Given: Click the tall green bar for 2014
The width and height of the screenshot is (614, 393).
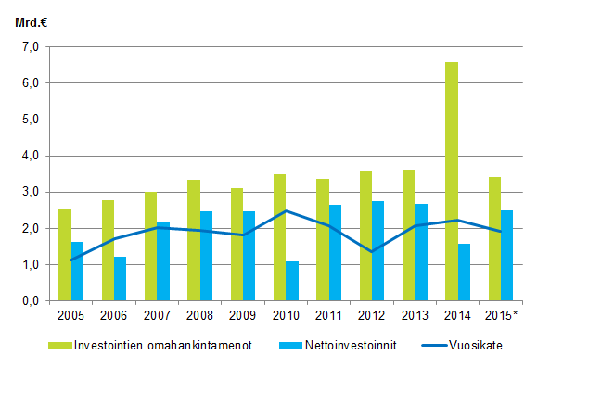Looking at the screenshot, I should (452, 182).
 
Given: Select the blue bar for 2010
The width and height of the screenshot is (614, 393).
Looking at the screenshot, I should (292, 281).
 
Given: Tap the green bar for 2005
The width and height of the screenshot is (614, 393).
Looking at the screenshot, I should (65, 255).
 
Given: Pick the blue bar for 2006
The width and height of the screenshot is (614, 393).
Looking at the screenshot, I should (121, 278).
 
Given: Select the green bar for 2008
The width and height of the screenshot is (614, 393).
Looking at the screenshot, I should (194, 240).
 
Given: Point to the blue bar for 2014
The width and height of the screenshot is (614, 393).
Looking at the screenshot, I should (465, 272).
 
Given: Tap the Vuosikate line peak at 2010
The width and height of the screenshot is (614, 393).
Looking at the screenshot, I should (286, 211).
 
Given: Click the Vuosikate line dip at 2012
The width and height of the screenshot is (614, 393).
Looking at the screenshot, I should (372, 252).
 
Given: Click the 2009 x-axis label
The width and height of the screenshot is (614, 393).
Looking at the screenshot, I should (243, 315).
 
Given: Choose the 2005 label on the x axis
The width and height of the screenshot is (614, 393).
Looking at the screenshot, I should (70, 315).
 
